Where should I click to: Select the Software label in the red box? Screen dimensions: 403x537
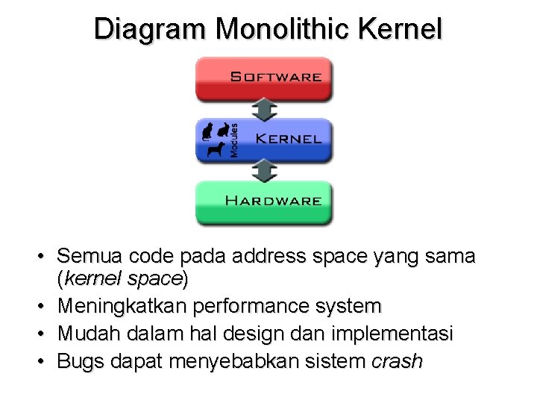pos(275,77)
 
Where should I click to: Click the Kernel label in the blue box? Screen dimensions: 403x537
pos(288,139)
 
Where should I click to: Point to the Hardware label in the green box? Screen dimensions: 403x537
pos(273,201)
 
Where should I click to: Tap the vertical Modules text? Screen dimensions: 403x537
pos(234,140)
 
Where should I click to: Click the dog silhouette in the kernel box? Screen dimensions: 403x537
pos(216,149)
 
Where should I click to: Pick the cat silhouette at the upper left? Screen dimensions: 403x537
pos(207,131)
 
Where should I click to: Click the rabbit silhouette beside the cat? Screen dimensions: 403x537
pos(222,130)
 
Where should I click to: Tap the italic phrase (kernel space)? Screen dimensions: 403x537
pos(123,280)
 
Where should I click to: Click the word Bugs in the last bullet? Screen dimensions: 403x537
pos(80,361)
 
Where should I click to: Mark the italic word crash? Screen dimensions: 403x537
pos(397,361)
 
